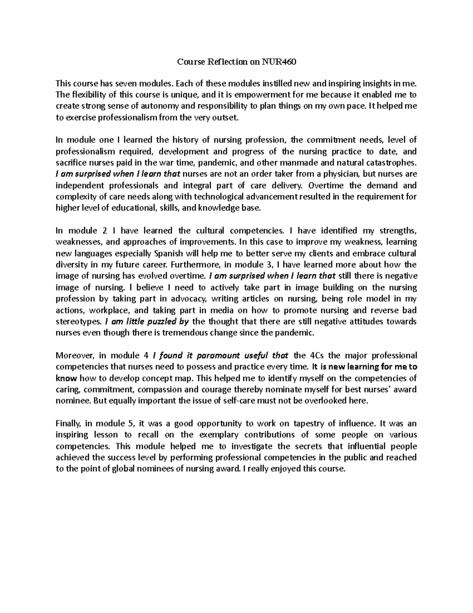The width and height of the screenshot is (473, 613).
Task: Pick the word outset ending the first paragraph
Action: [226, 117]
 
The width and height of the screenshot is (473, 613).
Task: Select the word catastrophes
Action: [391, 163]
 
